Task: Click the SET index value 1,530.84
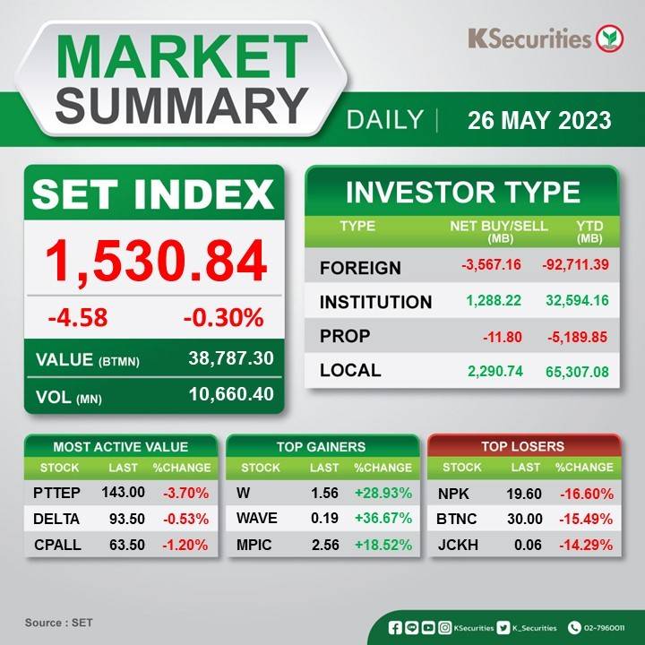click(x=156, y=261)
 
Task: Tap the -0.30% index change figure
click(x=223, y=318)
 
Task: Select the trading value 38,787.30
click(x=231, y=358)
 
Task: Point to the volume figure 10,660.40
click(x=231, y=394)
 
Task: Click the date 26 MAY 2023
click(x=539, y=121)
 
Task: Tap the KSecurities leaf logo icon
click(x=610, y=39)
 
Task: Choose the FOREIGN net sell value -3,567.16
click(x=491, y=264)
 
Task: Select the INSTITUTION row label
click(x=375, y=302)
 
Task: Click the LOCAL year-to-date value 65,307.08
click(x=577, y=372)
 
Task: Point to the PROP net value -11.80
click(x=503, y=338)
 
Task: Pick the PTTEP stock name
click(x=56, y=493)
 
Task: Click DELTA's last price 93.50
click(x=127, y=519)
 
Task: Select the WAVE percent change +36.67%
click(x=383, y=518)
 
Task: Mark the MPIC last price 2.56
click(x=325, y=545)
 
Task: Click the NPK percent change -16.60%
click(x=586, y=494)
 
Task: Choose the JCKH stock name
click(x=458, y=545)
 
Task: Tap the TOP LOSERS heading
click(x=523, y=446)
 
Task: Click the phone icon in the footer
click(x=574, y=628)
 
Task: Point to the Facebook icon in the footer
click(x=395, y=628)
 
